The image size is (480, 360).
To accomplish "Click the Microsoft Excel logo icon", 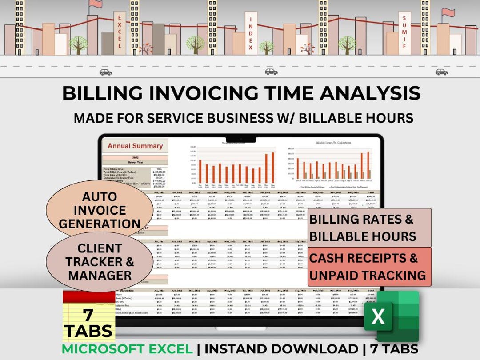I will tap(391, 316).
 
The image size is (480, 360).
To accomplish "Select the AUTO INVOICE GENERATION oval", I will tap(100, 210).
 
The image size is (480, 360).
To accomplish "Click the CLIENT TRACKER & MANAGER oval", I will tap(100, 262).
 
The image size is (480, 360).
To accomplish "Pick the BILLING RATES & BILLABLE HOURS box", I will tap(369, 228).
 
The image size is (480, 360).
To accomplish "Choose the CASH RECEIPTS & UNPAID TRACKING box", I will tap(369, 267).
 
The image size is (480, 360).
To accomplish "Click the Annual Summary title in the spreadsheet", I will tap(135, 145).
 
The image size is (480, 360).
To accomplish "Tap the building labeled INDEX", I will tap(251, 33).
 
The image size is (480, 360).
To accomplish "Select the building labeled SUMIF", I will tap(404, 32).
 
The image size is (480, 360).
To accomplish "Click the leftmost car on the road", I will tap(106, 72).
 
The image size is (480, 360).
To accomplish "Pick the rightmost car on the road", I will tap(441, 72).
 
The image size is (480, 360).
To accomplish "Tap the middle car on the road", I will tap(271, 72).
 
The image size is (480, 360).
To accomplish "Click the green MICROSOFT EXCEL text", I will tap(127, 349).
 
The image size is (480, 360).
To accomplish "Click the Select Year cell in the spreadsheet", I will tap(135, 162).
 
